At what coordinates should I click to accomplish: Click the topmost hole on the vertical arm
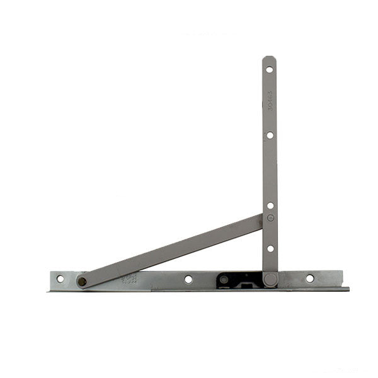pyautogui.click(x=269, y=69)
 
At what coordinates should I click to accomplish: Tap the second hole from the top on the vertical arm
pyautogui.click(x=270, y=135)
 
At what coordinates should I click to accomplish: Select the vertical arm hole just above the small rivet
pyautogui.click(x=270, y=205)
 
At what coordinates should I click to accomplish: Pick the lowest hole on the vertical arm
pyautogui.click(x=270, y=248)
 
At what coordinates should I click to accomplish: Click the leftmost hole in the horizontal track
pyautogui.click(x=60, y=278)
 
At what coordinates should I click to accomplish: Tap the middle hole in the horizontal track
pyautogui.click(x=188, y=279)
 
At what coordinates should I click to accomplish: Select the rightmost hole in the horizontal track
pyautogui.click(x=309, y=278)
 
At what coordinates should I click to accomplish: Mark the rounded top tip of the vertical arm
pyautogui.click(x=269, y=59)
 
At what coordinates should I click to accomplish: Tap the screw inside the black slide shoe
pyautogui.click(x=224, y=279)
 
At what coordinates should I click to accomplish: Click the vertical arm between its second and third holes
pyautogui.click(x=270, y=170)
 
